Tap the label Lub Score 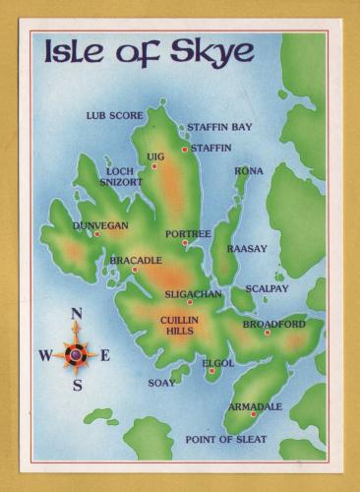coord(115,115)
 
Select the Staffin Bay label coord(219,127)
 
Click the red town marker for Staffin coord(184,149)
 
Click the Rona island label coord(248,171)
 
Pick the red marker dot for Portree coord(184,243)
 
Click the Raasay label coord(247,249)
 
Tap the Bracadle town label coord(136,260)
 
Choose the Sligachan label coord(193,293)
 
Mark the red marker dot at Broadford coord(267,333)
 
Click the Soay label coord(161,382)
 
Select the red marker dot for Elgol coord(211,371)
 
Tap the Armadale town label coord(255,406)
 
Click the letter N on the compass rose coord(77,314)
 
